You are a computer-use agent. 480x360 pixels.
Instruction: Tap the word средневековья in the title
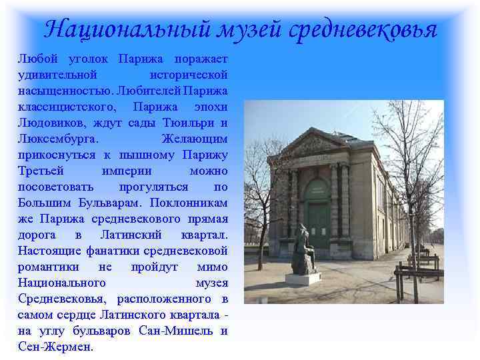click(x=364, y=30)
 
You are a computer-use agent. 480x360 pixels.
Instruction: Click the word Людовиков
click(x=49, y=123)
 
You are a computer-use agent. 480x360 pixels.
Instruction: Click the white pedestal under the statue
click(x=303, y=279)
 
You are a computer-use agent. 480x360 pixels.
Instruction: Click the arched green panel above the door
click(x=317, y=190)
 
